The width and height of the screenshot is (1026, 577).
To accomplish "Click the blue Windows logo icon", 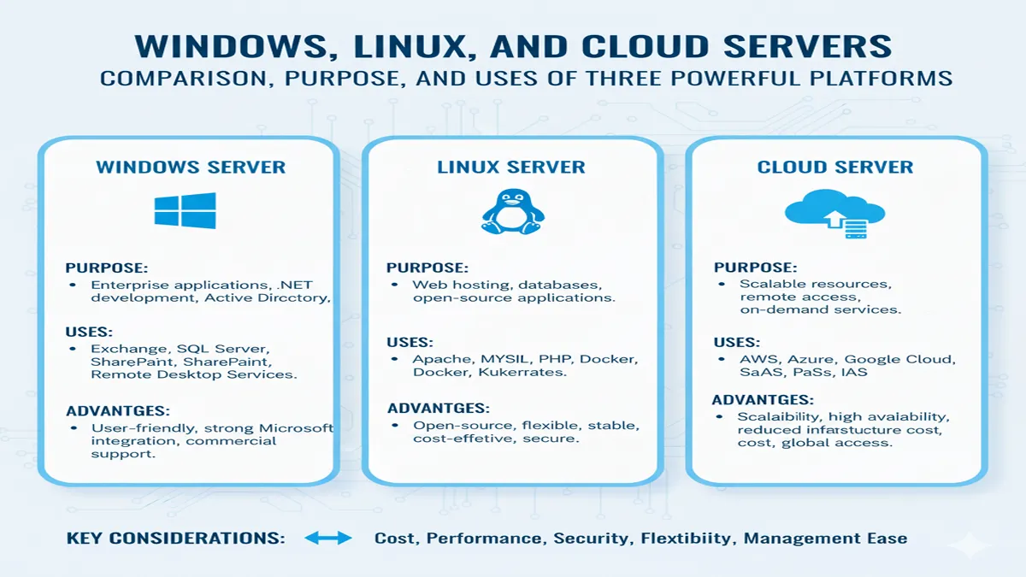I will tap(185, 210).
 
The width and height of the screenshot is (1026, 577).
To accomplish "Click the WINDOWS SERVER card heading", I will tap(191, 166).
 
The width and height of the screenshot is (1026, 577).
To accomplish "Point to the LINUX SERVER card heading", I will tap(511, 167).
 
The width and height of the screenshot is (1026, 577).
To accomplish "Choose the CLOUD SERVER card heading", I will tap(834, 167).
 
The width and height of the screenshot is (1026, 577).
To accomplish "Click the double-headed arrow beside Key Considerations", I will tap(327, 539).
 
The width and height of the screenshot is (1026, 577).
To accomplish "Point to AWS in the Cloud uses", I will tap(758, 360).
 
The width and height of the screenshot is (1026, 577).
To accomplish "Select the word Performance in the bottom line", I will tap(483, 539).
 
